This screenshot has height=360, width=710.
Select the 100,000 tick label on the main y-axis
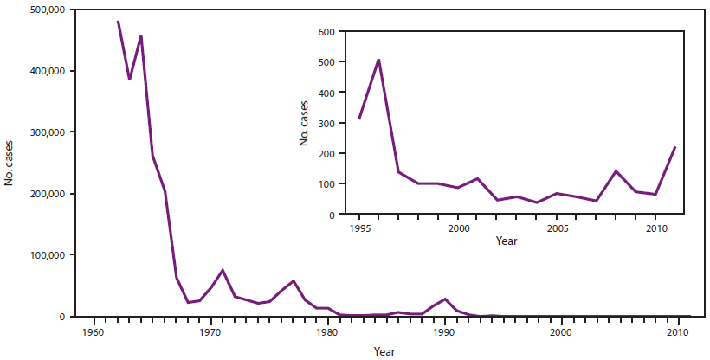point(44,255)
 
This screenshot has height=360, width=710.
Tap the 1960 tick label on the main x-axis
point(93,331)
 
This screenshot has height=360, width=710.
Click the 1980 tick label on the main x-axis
point(327,331)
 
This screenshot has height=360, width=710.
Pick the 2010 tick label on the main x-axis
point(679,331)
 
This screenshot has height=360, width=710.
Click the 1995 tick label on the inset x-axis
point(358,228)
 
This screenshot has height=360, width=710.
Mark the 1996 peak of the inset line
point(378,60)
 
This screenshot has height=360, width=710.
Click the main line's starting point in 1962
point(117,21)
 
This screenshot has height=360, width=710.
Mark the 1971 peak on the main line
point(223,270)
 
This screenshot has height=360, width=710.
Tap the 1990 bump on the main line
point(445,299)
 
